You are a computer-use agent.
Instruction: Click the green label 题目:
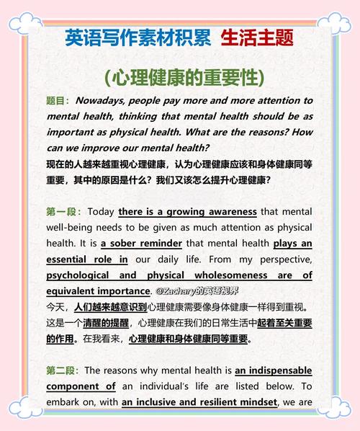tap(58, 101)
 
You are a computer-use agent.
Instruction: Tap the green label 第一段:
tap(63, 212)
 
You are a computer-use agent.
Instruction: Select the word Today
tap(101, 212)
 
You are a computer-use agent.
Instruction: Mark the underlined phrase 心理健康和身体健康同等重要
tap(189, 339)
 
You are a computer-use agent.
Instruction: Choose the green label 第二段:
tap(63, 370)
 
